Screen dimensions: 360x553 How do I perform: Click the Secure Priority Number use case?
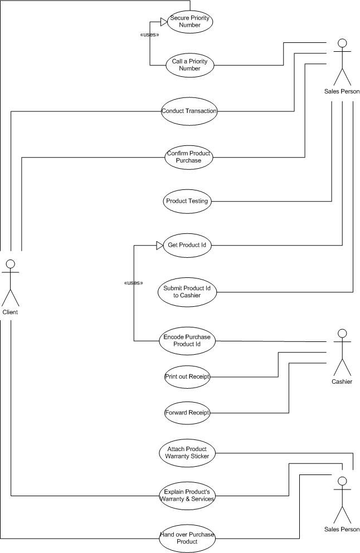(x=190, y=22)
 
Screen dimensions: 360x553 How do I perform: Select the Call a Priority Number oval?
(x=190, y=65)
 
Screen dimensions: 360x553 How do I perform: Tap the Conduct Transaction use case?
(x=189, y=111)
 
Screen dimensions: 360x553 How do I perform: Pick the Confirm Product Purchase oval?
(x=189, y=157)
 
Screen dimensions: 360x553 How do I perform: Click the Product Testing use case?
(x=187, y=201)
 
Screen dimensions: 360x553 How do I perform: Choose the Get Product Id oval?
(x=187, y=245)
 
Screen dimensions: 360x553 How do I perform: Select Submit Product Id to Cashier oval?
(x=187, y=292)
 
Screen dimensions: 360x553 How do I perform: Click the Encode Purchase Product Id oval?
(x=187, y=341)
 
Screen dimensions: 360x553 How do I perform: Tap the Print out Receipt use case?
(x=187, y=376)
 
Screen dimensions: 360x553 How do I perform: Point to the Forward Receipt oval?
(x=187, y=413)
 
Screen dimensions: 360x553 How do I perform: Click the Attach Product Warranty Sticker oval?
(x=187, y=453)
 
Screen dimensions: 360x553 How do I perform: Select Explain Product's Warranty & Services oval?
(x=187, y=496)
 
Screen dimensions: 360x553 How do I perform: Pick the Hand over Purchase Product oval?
(x=187, y=538)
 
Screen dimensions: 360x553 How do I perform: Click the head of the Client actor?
(x=11, y=264)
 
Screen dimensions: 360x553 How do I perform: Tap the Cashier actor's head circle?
(x=342, y=333)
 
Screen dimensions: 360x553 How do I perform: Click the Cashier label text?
(x=342, y=381)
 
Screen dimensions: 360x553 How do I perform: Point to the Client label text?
(x=10, y=312)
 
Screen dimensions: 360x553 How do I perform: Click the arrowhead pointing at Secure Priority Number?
(x=164, y=22)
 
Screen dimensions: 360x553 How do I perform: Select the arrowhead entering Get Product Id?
(x=160, y=245)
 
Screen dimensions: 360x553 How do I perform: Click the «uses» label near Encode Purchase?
(x=134, y=283)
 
